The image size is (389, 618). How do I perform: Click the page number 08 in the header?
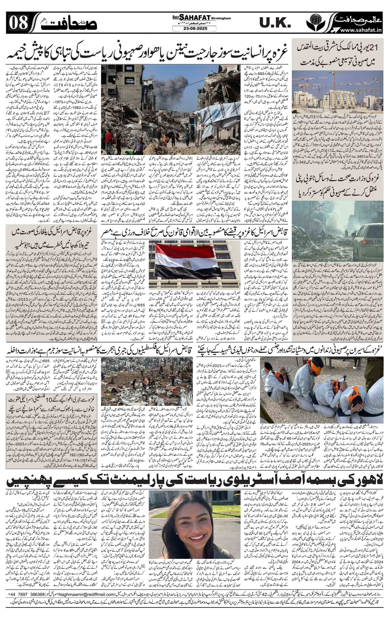point(18,24)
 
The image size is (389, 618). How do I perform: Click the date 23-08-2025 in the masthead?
point(194,29)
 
